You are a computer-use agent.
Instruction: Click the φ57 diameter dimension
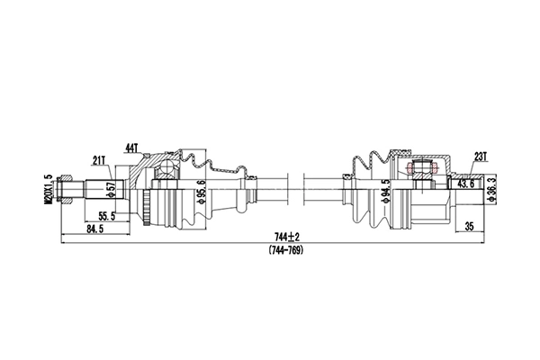click(111, 190)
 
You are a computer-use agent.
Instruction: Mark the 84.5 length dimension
click(93, 229)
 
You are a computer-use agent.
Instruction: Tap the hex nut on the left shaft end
click(62, 190)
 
